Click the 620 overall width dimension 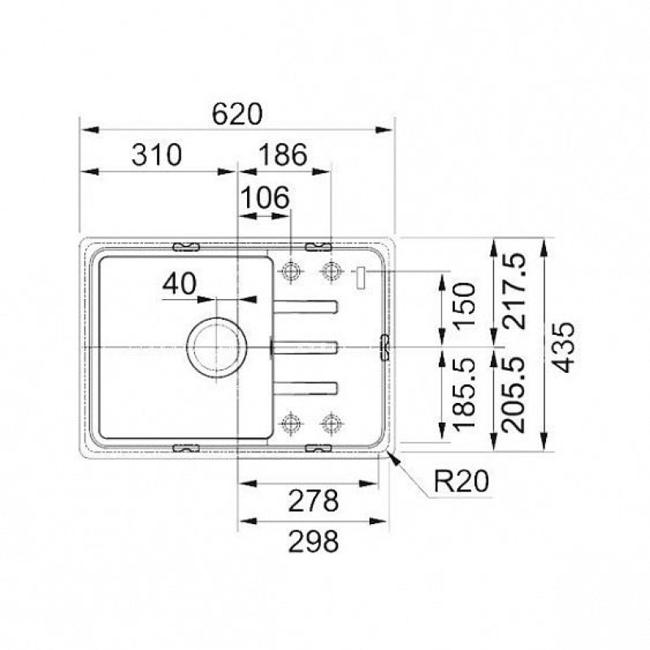pos(237,114)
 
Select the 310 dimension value pos(157,155)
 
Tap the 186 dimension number pos(283,155)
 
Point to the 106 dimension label pos(265,197)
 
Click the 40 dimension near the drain pos(179,284)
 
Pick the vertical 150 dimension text pos(464,305)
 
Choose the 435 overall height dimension pos(564,347)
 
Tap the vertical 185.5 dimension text pos(464,394)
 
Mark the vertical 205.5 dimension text pos(513,394)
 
